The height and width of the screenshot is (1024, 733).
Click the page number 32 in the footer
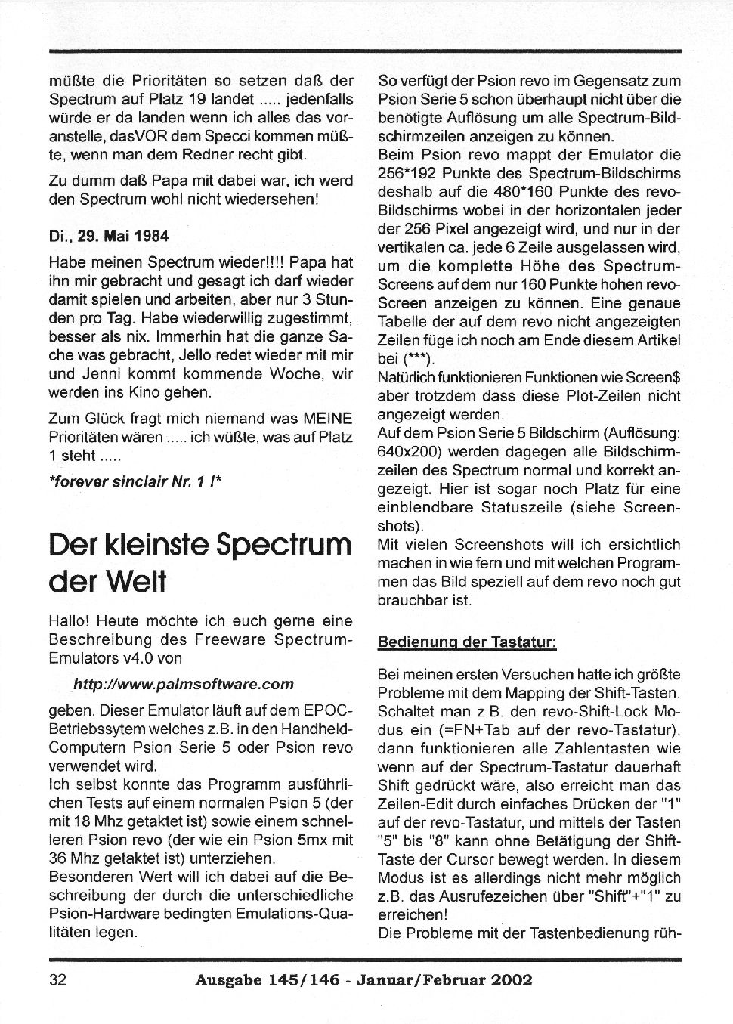pos(57,980)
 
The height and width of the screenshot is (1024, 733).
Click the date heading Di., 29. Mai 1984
pos(108,235)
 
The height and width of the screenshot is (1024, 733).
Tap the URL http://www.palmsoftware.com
pos(184,684)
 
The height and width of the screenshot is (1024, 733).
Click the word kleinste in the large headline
pos(155,544)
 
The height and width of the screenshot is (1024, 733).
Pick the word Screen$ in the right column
pos(657,377)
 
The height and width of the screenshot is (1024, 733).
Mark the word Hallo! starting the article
pos(70,621)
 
